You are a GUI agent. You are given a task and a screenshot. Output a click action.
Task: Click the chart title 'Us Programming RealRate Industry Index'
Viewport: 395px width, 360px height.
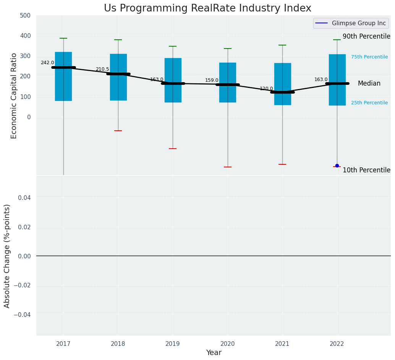207,8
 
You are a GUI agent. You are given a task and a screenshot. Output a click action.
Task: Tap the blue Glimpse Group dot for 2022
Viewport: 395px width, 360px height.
337,165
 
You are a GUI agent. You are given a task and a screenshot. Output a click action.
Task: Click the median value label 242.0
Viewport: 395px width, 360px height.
47,63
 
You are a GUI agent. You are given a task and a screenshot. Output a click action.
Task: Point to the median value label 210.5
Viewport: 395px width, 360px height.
102,69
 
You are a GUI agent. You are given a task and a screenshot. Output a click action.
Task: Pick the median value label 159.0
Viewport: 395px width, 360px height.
212,80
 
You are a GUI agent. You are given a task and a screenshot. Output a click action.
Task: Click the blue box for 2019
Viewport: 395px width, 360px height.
173,80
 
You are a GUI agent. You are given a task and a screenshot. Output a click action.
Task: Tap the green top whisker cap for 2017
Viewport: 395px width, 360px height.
63,38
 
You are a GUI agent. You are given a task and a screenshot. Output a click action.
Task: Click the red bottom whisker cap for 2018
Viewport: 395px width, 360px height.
118,131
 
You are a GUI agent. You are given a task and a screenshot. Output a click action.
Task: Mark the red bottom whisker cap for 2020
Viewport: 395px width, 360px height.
228,167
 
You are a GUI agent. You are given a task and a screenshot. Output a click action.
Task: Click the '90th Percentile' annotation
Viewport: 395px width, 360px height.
366,37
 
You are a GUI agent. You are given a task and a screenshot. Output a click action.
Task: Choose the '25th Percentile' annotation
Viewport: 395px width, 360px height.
369,103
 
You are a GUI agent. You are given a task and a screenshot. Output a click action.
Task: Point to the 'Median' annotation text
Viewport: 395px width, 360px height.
369,83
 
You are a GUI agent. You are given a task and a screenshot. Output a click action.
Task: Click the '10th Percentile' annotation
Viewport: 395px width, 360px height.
366,170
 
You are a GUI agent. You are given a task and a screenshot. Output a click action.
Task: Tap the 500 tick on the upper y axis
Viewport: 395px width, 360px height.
26,16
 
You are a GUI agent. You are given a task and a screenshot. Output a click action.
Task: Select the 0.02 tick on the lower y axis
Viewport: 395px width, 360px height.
25,227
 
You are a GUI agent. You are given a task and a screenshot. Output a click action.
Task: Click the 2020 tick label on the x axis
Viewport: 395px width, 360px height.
228,344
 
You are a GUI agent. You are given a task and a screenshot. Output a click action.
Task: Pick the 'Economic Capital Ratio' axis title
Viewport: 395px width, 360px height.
14,96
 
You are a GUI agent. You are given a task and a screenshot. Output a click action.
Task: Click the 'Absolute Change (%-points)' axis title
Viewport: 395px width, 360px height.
7,256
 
